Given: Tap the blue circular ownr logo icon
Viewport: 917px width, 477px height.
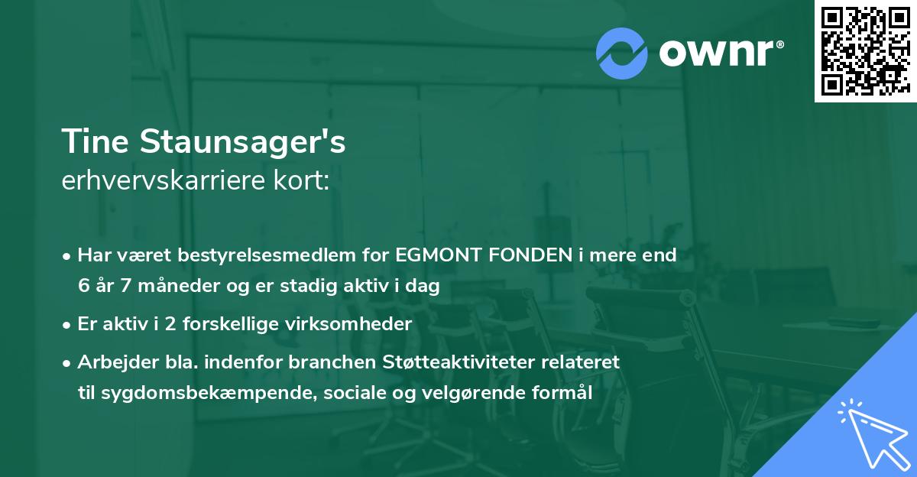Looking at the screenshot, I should (622, 53).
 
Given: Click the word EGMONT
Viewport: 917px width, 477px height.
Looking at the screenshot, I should (437, 255).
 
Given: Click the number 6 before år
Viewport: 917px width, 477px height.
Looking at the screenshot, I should (83, 287).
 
